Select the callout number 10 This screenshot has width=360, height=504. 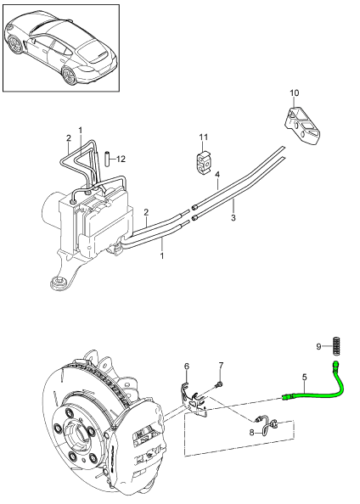(x=295, y=92)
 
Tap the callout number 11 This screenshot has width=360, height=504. (x=203, y=137)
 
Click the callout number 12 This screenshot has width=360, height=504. (x=121, y=159)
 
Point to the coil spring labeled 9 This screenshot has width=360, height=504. (x=336, y=345)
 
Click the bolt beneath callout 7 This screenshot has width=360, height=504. (x=219, y=384)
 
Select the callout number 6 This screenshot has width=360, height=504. (x=187, y=367)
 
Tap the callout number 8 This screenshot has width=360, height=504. (x=251, y=433)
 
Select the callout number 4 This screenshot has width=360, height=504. (x=217, y=175)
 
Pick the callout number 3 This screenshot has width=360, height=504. (x=233, y=217)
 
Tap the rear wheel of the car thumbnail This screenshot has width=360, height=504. (x=69, y=76)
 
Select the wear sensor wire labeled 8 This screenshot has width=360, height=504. (x=267, y=425)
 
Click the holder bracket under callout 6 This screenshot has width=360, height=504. (x=193, y=400)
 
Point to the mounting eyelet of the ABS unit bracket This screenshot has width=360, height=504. (x=59, y=282)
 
